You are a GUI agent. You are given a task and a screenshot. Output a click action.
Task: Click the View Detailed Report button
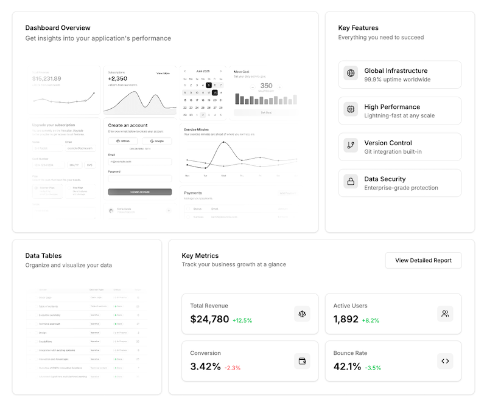tap(423, 260)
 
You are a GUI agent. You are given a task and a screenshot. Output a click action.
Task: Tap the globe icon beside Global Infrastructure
tap(351, 74)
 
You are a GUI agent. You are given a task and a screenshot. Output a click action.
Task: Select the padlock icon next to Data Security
tap(351, 182)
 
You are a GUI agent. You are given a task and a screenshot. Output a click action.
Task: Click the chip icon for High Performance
tap(351, 110)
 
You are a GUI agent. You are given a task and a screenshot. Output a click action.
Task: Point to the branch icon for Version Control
tap(351, 146)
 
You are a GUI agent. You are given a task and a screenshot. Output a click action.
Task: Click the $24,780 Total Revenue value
tap(209, 319)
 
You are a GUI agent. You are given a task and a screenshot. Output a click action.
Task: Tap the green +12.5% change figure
tap(242, 320)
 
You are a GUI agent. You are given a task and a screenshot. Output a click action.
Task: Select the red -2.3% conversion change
tap(233, 368)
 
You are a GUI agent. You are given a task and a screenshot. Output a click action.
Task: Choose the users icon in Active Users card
tap(445, 314)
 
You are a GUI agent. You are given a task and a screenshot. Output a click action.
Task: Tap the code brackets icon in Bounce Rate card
tap(445, 361)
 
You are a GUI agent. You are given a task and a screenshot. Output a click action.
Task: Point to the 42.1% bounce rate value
tap(347, 366)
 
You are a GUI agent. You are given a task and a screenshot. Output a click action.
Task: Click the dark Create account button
tap(140, 191)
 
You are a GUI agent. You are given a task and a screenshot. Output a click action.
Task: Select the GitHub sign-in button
tap(123, 141)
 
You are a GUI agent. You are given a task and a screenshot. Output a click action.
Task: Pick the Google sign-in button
tap(157, 141)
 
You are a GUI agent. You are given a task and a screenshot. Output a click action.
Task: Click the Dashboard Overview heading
tap(58, 28)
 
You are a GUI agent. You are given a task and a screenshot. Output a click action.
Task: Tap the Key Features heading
tap(358, 28)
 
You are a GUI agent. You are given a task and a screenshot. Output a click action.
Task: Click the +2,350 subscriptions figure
tap(117, 78)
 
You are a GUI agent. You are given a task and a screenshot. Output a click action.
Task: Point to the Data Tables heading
tap(43, 256)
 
